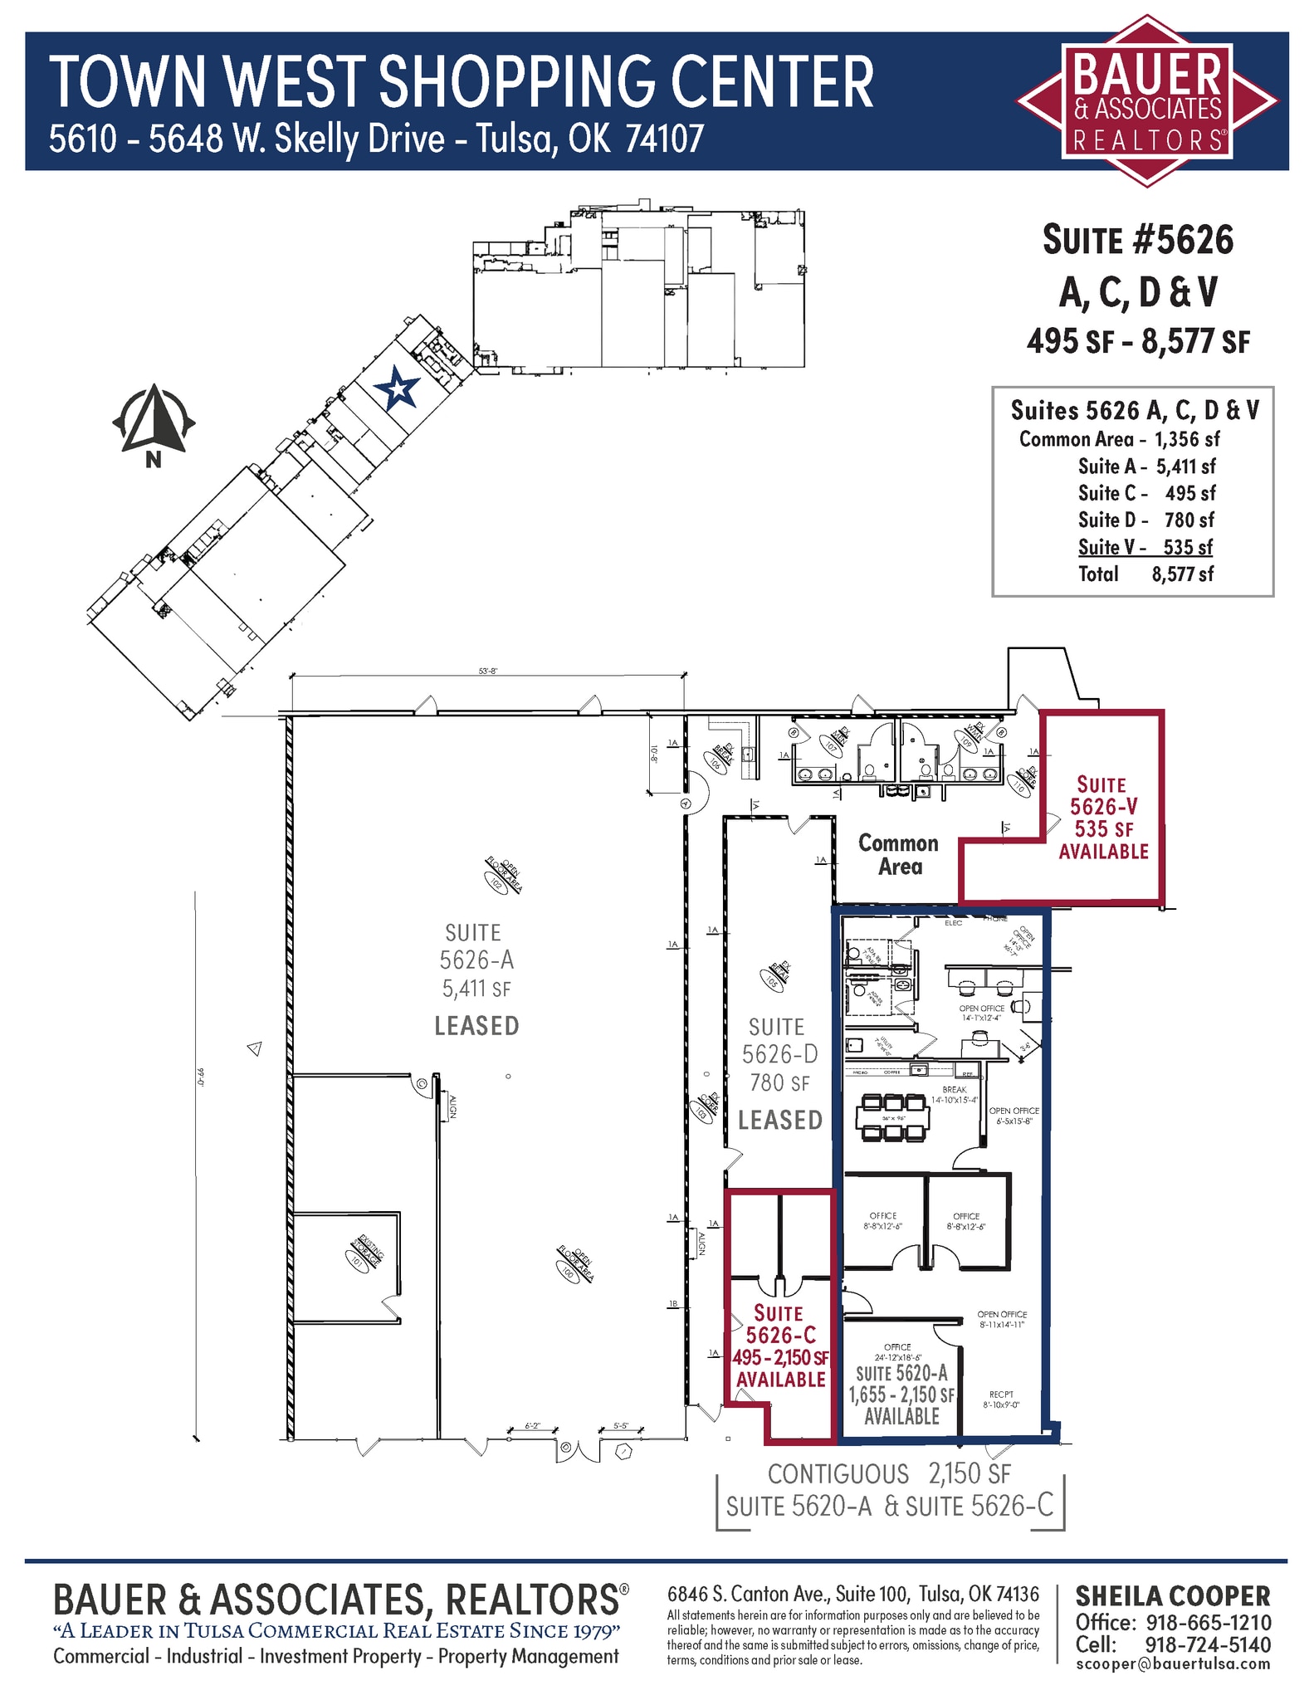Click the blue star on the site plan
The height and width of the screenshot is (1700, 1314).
coord(396,388)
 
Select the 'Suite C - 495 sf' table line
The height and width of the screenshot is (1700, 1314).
coord(1145,493)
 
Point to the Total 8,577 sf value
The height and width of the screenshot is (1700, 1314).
coord(1182,574)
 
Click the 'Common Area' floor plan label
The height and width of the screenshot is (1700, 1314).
coord(899,855)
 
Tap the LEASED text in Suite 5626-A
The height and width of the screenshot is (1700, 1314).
coord(476,1026)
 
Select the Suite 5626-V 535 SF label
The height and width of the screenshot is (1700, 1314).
coord(1103,818)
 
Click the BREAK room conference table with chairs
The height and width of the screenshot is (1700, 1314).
coord(892,1118)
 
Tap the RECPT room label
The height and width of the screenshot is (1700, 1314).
coord(1001,1395)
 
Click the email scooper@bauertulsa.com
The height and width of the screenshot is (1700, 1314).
coord(1173,1663)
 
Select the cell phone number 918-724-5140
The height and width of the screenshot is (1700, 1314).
coord(1208,1644)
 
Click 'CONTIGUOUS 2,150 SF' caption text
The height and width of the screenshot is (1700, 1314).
coord(889,1474)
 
